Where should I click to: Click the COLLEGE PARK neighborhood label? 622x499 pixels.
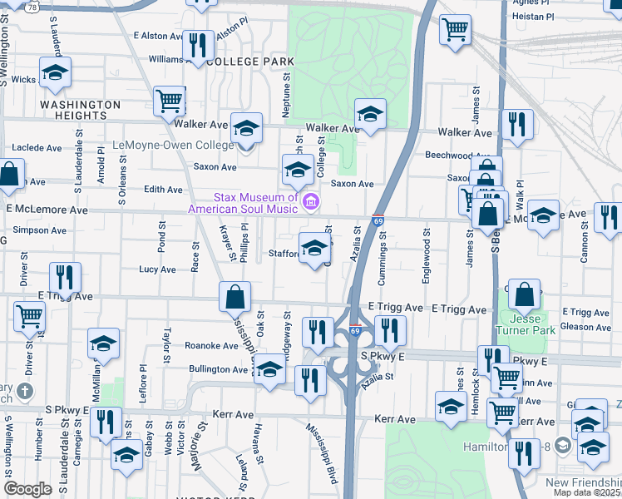coord(250,62)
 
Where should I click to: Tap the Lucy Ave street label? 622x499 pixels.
coord(157,269)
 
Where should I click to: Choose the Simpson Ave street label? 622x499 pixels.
coord(39,230)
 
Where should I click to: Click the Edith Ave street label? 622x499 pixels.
coord(163,190)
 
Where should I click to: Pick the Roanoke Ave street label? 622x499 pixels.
coord(211,346)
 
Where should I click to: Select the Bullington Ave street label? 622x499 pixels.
coord(219,369)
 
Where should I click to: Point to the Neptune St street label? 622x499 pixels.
coord(285,86)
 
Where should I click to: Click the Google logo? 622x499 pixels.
coord(27,489)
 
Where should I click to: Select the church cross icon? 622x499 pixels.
coord(26,391)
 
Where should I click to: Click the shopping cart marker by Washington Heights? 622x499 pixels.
coord(169,101)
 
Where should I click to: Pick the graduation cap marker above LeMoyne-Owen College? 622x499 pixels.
coord(246,128)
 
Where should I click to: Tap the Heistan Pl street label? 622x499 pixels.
coord(533,17)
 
